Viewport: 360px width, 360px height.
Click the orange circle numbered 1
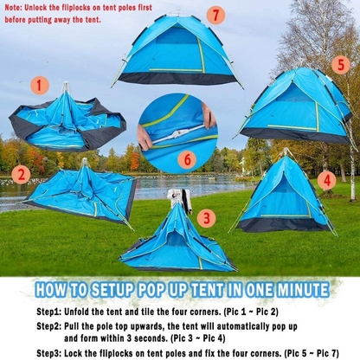(x=39, y=85)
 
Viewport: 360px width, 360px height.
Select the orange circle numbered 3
(x=206, y=218)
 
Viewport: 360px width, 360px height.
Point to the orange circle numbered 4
(x=326, y=180)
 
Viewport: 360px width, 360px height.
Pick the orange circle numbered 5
(x=341, y=65)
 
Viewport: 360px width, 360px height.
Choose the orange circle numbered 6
(x=186, y=158)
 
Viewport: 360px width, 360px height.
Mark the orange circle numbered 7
(x=215, y=15)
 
